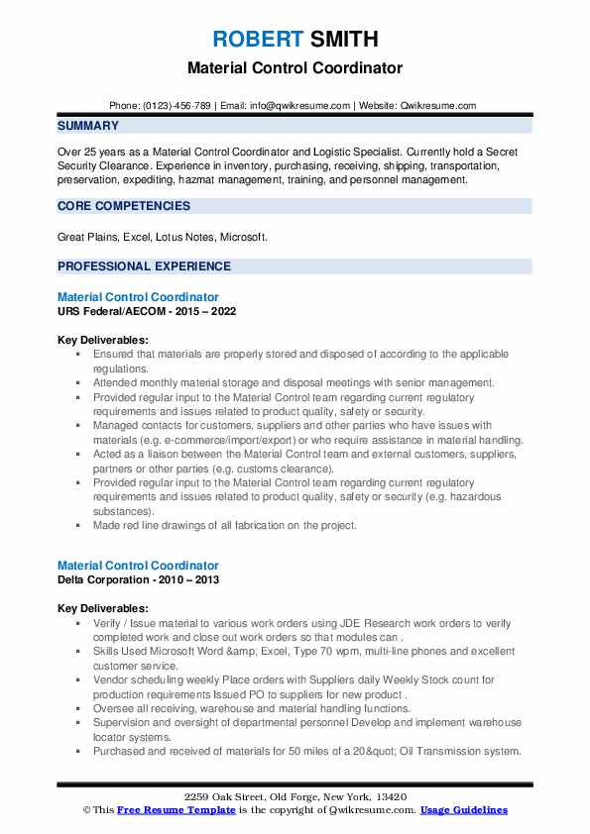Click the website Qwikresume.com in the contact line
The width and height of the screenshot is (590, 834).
point(436,106)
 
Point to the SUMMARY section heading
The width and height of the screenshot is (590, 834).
point(88,126)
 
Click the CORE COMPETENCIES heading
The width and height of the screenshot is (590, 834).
point(124,206)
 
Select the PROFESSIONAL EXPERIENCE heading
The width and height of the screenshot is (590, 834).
point(144,266)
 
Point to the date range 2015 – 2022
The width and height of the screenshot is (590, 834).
point(203,310)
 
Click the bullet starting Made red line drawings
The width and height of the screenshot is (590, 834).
point(224,525)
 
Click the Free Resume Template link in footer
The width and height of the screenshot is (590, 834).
point(168,810)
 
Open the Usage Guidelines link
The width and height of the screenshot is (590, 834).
point(463,810)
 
